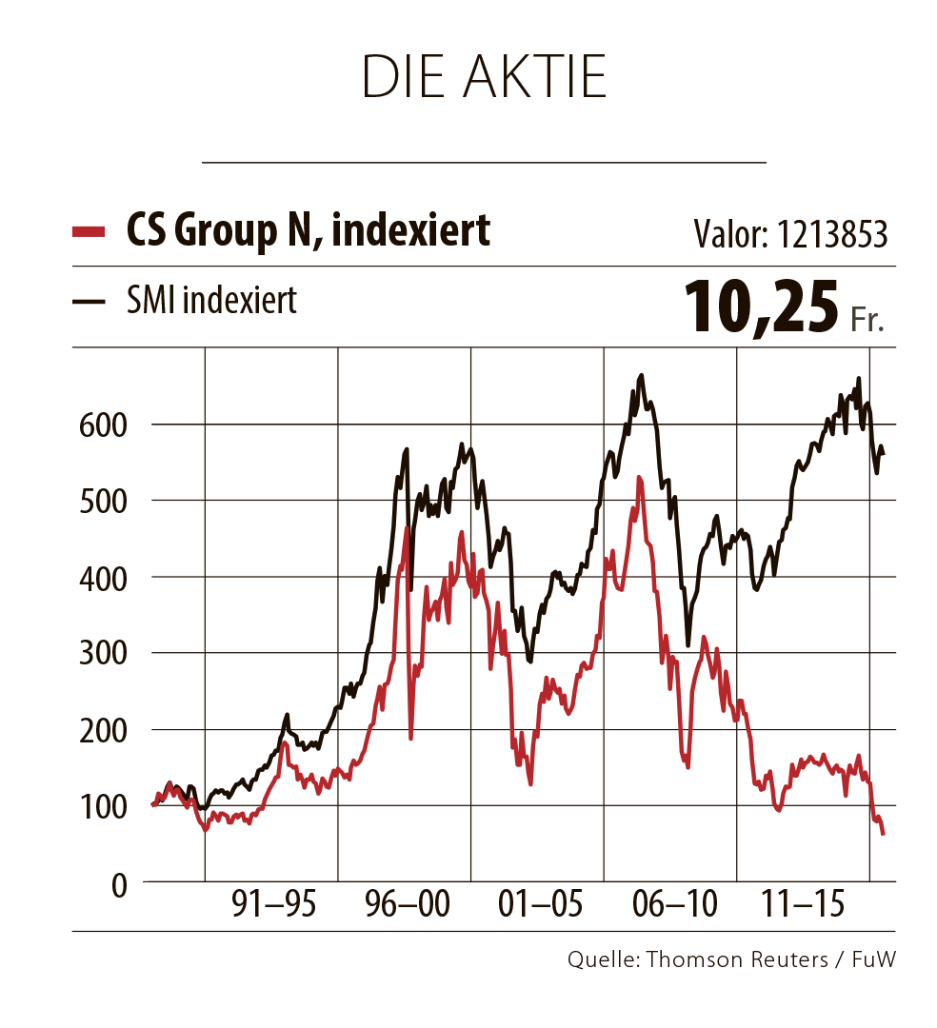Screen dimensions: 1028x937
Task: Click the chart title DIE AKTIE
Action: pos(485,78)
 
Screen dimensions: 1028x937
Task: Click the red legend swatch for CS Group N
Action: pos(89,230)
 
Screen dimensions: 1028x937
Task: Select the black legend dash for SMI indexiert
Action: pos(89,303)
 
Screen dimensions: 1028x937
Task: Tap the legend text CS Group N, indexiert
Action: pos(309,229)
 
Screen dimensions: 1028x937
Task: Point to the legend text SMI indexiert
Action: pos(211,301)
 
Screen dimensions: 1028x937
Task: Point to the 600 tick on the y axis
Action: pos(102,425)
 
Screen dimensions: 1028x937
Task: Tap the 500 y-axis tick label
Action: pos(102,501)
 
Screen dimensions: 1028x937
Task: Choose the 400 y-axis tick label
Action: pos(102,578)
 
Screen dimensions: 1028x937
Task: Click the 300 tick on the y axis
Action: pos(102,654)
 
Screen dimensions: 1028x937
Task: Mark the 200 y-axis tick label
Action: pos(102,730)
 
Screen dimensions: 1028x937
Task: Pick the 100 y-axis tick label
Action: pos(102,807)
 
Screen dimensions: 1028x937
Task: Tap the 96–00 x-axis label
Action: pos(406,903)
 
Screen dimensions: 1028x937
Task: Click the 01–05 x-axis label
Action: pos(538,903)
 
